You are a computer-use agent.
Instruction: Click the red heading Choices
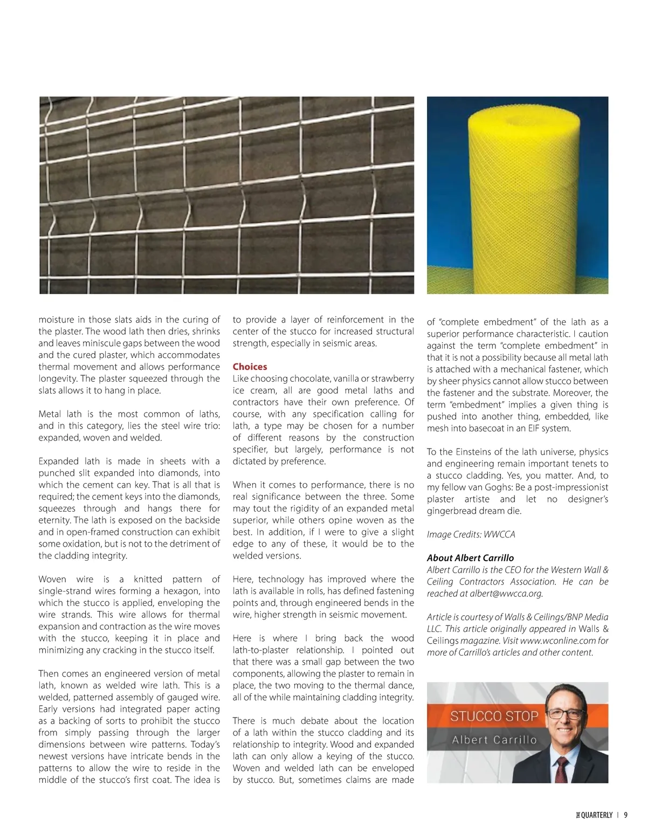250,367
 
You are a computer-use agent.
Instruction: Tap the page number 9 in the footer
625,815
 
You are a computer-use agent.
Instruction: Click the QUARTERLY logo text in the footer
595,815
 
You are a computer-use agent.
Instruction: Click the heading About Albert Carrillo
470,558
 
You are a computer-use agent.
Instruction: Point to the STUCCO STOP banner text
494,716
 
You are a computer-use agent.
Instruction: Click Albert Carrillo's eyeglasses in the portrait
565,714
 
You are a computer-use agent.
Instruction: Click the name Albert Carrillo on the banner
494,740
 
